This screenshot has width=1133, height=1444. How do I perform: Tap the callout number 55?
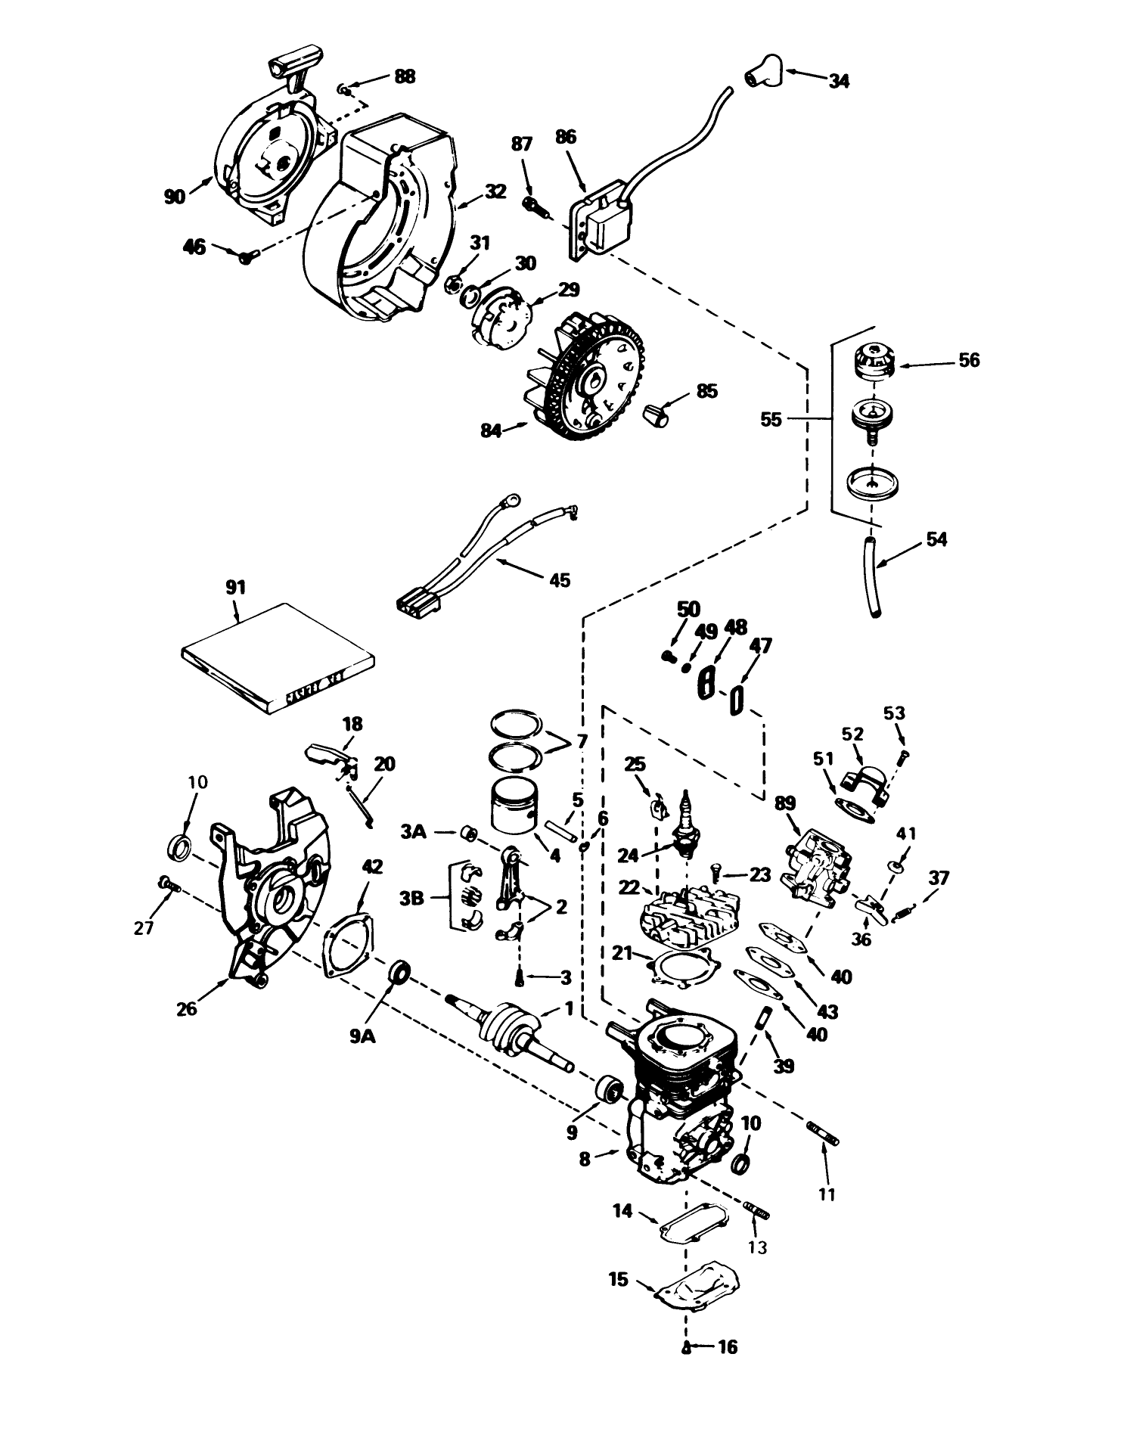(771, 418)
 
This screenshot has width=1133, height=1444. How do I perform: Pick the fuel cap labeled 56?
(874, 359)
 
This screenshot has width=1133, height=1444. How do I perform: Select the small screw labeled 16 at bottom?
(685, 1346)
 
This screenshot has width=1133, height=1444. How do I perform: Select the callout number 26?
(186, 1008)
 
